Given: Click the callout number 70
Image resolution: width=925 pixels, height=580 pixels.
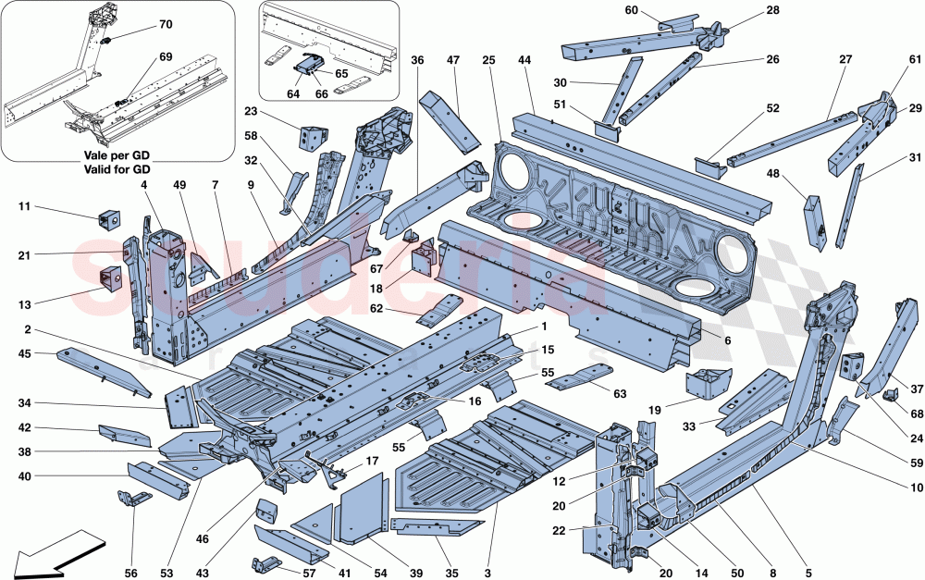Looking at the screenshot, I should tap(166, 23).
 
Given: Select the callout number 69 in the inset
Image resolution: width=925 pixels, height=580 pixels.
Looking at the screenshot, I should tap(166, 57).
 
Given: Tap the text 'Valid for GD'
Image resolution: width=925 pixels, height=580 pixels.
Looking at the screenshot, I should tap(117, 169).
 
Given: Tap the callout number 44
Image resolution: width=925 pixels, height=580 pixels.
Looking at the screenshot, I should tap(525, 60).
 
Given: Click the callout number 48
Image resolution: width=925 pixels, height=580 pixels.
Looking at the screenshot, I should tap(773, 172).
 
